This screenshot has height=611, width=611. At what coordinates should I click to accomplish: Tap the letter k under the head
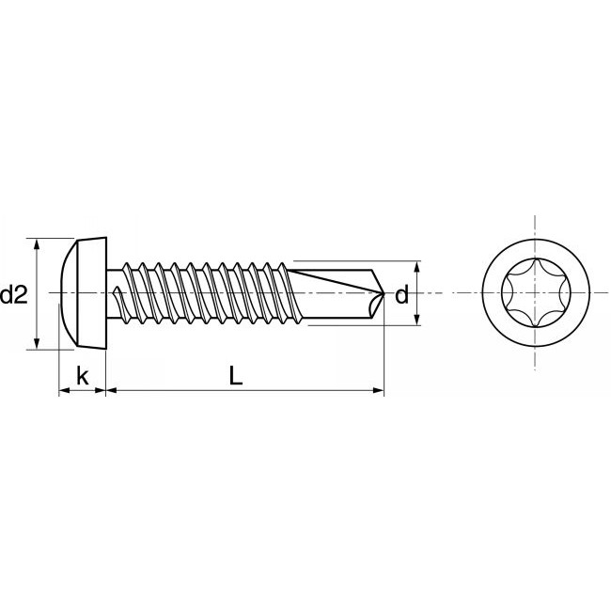pyautogui.click(x=82, y=377)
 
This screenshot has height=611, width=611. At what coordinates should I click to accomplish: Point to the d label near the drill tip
pyautogui.click(x=401, y=295)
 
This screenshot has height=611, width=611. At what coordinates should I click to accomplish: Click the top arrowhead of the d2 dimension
pyautogui.click(x=38, y=243)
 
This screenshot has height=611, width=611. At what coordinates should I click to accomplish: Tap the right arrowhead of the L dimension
pyautogui.click(x=379, y=389)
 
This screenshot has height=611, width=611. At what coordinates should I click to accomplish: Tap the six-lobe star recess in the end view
pyautogui.click(x=535, y=293)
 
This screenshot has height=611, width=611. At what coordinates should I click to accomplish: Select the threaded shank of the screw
pyautogui.click(x=207, y=293)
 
